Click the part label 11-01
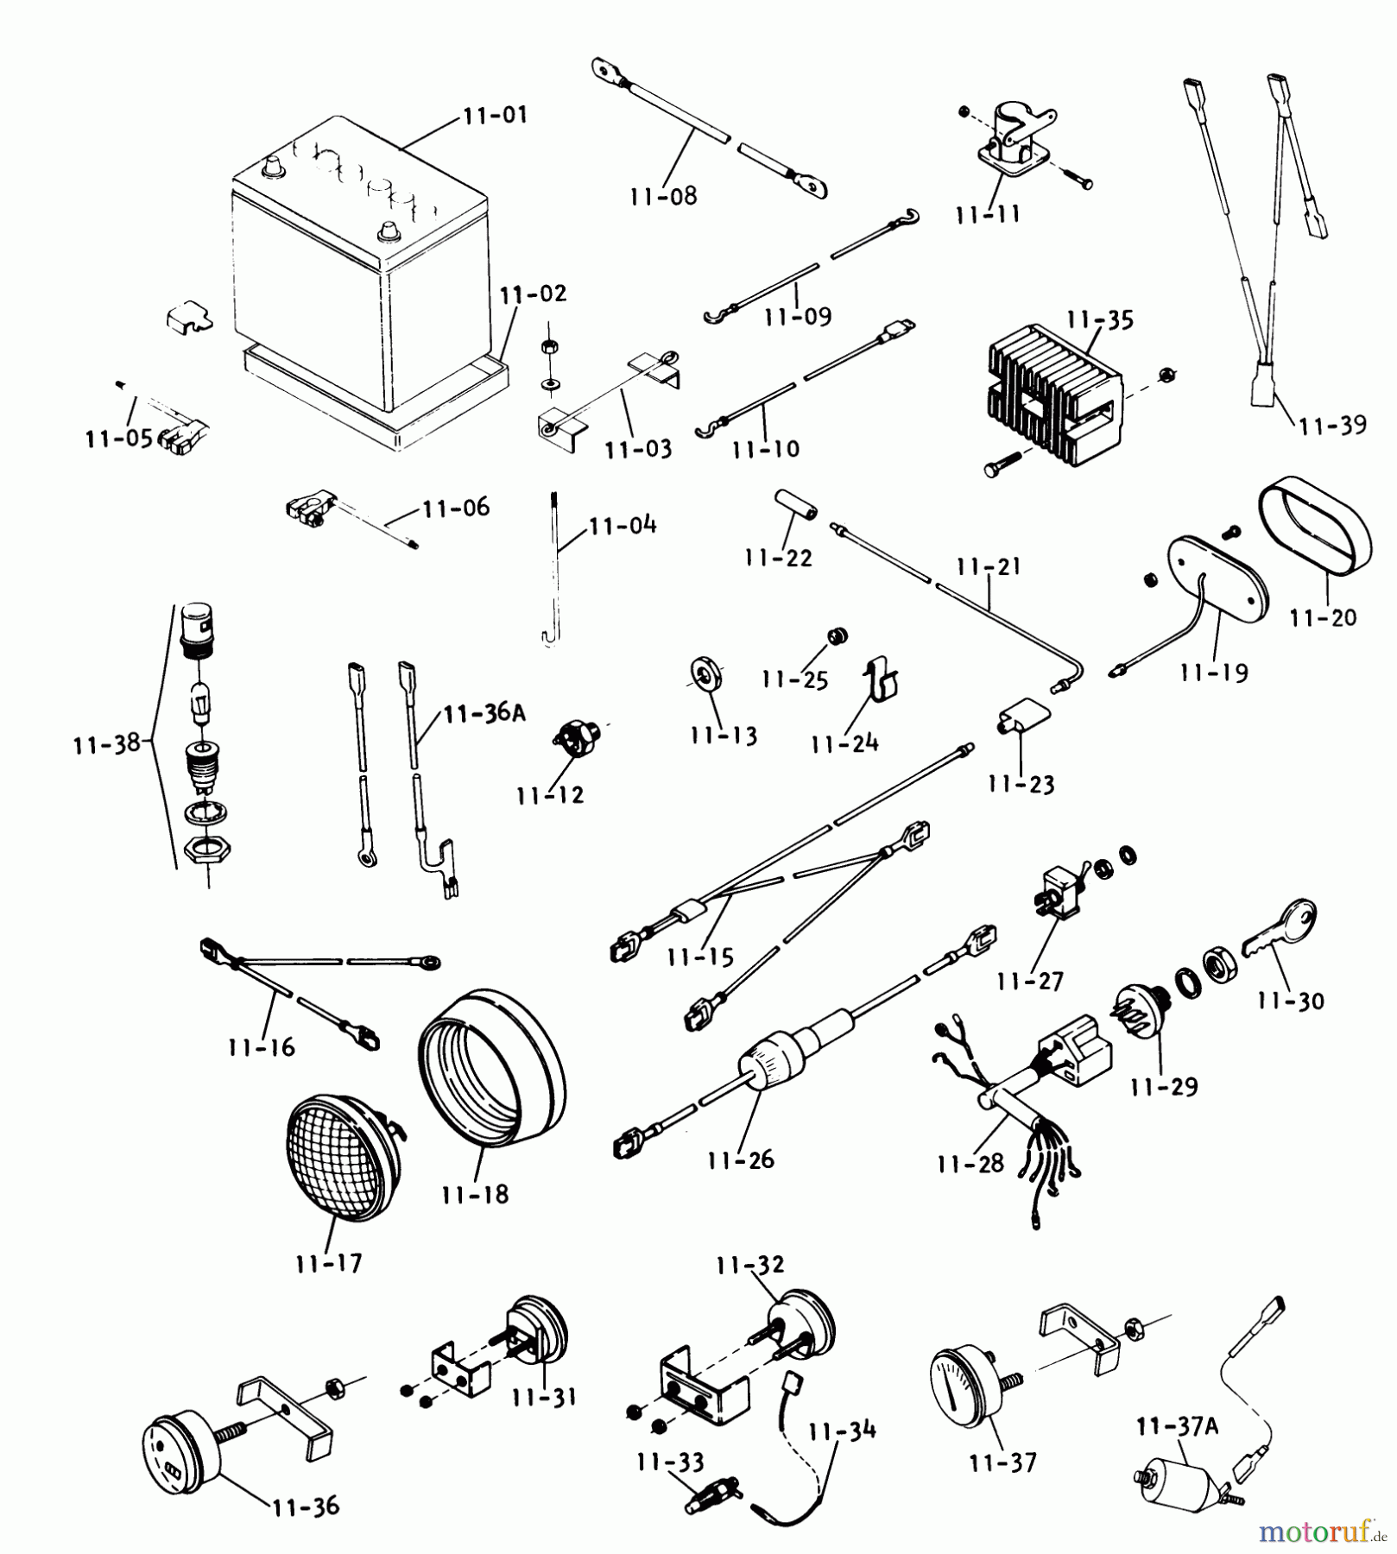[x=495, y=116]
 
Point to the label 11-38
[x=106, y=744]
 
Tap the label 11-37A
[x=1177, y=1426]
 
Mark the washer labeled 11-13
[x=706, y=674]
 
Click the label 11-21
[x=988, y=567]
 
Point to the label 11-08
[x=663, y=196]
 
